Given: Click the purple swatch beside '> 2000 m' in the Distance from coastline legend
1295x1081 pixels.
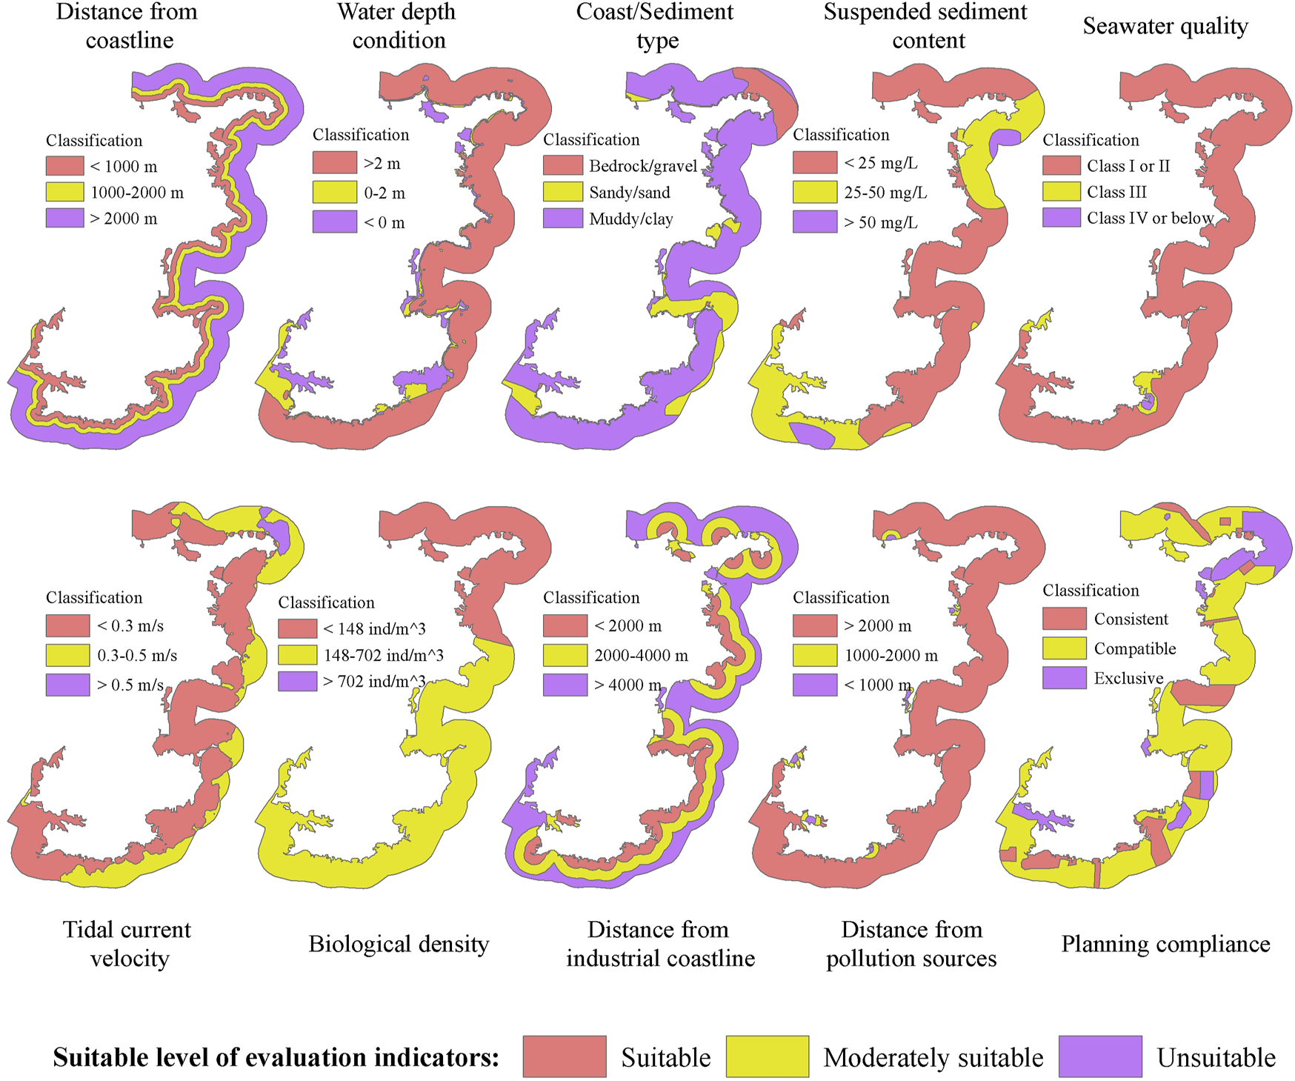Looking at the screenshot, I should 64,218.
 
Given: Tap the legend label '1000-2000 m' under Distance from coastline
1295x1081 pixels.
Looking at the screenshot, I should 136,193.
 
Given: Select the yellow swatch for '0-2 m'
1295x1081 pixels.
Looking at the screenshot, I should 334,193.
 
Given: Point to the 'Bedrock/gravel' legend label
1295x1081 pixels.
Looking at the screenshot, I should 642,166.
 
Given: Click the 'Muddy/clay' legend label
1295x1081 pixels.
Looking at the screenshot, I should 630,219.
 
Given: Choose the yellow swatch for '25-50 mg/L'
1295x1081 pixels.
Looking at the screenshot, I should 814,193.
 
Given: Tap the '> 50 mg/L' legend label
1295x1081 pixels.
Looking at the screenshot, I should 880,222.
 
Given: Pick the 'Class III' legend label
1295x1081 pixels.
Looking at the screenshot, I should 1116,192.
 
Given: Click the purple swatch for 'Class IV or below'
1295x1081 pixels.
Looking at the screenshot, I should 1061,218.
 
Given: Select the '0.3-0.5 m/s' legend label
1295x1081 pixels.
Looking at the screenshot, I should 137,656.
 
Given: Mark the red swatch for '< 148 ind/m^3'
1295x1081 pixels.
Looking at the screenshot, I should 297,629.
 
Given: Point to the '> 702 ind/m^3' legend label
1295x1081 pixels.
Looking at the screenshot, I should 374,682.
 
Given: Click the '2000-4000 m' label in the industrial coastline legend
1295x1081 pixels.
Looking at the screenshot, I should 641,656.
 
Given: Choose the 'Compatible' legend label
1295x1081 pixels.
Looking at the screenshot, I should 1134,649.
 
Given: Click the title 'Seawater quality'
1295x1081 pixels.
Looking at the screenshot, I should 1165,26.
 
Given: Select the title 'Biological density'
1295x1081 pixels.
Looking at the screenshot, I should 399,944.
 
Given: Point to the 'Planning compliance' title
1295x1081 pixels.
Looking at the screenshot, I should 1165,944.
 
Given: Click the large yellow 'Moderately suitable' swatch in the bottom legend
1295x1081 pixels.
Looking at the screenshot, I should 767,1057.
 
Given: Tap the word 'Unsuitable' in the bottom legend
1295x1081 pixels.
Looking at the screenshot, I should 1216,1057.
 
